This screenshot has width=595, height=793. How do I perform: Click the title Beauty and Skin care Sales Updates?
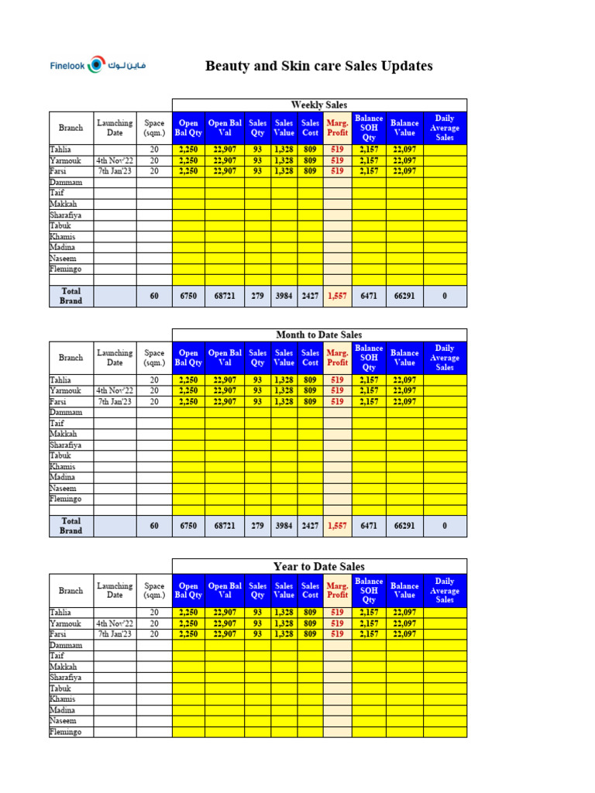point(318,66)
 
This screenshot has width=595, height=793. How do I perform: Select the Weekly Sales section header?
point(318,105)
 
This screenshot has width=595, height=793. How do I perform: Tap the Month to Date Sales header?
point(318,335)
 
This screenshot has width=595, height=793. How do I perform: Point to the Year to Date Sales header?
point(318,566)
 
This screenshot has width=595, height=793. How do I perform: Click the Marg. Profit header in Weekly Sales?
point(337,128)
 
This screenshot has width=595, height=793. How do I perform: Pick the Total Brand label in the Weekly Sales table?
point(71,296)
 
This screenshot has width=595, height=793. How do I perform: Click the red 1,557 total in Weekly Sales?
point(337,296)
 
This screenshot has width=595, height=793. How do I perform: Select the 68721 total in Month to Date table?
point(225,526)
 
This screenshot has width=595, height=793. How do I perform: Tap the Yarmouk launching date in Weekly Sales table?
point(115,160)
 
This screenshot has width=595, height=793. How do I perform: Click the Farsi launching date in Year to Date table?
point(115,633)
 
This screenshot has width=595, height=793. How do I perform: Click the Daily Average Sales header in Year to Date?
point(445,590)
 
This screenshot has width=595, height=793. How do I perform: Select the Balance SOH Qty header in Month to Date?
point(369,358)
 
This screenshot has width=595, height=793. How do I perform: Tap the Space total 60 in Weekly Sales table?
point(154,296)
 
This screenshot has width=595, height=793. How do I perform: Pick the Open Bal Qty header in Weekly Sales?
point(188,128)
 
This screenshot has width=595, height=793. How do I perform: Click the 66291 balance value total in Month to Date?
point(404,526)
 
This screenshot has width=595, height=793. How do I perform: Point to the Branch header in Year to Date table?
point(71,590)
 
